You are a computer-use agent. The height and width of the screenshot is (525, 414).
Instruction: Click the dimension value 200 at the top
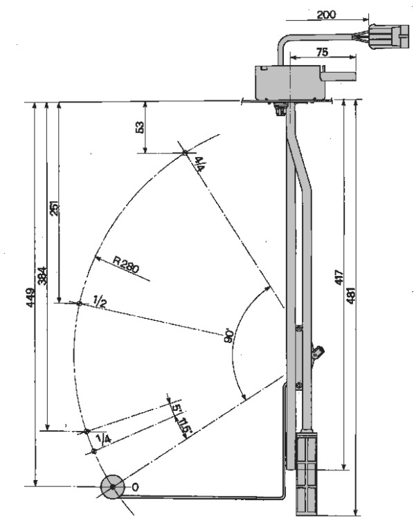coord(326,15)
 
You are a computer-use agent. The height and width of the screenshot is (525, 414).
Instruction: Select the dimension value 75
coord(322,52)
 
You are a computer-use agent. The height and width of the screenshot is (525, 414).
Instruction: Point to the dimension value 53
coord(140,127)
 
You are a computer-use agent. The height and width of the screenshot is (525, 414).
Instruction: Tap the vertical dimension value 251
coord(54,208)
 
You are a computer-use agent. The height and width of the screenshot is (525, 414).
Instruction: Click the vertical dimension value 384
coord(42,275)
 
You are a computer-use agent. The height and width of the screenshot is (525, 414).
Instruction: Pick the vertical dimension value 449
coord(30,297)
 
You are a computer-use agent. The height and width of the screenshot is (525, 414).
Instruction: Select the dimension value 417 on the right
coord(339,277)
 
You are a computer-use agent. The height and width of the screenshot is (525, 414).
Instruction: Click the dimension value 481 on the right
coord(350,295)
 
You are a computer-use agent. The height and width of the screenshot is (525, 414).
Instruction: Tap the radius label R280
coord(126,265)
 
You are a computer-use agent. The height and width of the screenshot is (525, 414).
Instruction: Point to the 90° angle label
coord(229,335)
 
